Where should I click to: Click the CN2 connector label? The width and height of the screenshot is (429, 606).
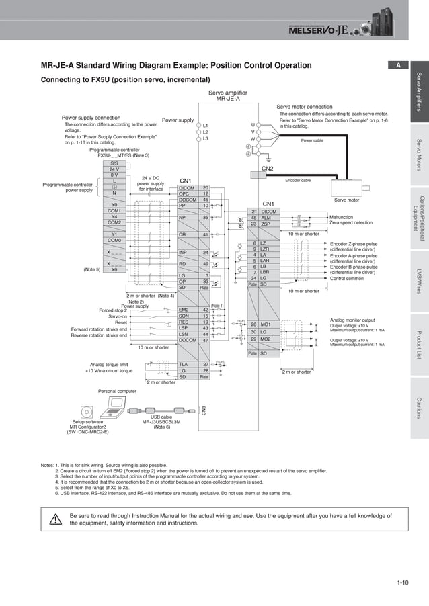267,169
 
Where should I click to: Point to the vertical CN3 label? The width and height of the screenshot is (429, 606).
204,410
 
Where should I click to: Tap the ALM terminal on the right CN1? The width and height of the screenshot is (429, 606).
266,218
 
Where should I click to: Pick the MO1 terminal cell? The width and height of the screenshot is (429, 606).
266,324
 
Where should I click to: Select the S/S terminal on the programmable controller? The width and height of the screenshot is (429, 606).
114,163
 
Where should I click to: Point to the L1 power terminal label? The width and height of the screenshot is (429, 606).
206,126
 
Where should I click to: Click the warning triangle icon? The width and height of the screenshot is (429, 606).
56,519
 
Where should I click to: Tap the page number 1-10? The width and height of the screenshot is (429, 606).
402,582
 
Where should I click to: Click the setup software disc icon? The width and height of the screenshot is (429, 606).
85,411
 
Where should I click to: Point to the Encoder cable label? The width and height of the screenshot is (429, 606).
298,181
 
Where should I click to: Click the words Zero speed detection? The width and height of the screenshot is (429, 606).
351,223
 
